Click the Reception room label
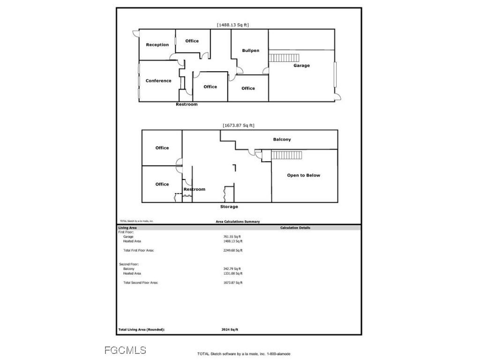point(157,45)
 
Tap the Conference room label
point(158,81)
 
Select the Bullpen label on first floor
point(250,51)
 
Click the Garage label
point(301,66)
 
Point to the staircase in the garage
point(284,58)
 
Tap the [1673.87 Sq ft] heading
point(239,125)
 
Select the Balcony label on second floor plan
point(282,139)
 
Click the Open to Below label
point(303,175)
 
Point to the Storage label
point(229,207)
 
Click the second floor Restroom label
point(194,189)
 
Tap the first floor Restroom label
point(187,105)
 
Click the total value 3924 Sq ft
point(230,330)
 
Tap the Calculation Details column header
point(295,228)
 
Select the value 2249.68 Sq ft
point(233,250)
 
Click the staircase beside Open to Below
point(286,155)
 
